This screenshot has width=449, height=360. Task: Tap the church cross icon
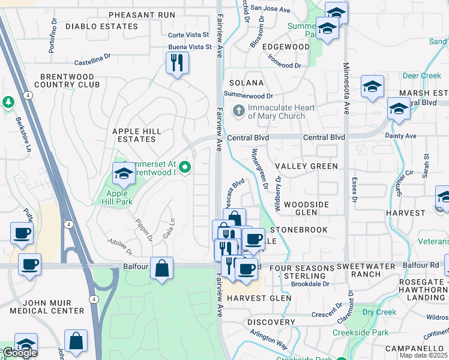tap(238, 112)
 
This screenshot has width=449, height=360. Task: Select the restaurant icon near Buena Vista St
tap(177, 63)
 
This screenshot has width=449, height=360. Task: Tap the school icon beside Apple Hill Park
tap(124, 175)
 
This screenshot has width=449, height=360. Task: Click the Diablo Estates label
tap(102, 26)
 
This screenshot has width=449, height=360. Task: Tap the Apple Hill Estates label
tap(134, 135)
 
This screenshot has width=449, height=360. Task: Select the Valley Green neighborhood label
tap(306, 166)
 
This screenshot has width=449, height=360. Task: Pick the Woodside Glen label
tap(306, 208)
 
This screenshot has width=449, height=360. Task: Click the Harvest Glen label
tap(259, 298)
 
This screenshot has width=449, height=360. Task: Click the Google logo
tap(19, 353)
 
